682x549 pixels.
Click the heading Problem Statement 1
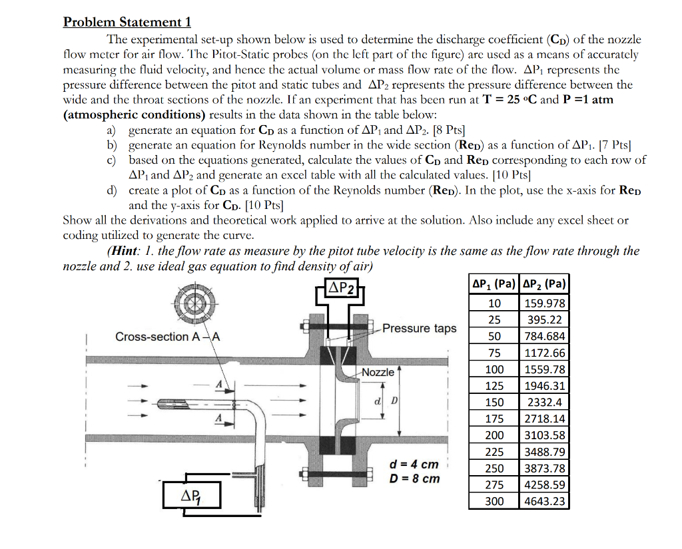(127, 22)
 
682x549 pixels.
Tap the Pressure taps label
(419, 329)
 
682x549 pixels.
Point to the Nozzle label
(378, 372)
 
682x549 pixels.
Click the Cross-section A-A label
(168, 337)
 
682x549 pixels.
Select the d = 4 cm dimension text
(414, 464)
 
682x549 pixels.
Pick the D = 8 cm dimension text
(414, 478)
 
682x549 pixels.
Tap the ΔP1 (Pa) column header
(494, 284)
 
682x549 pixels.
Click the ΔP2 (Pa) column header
(544, 284)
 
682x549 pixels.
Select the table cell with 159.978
(544, 303)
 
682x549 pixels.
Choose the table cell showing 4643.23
(544, 501)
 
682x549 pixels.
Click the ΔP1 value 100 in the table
(494, 369)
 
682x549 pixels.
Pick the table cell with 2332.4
(544, 402)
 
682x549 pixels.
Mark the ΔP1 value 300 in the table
(494, 501)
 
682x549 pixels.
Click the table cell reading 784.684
(544, 336)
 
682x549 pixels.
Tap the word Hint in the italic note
(123, 251)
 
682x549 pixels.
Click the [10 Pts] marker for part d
(264, 205)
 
